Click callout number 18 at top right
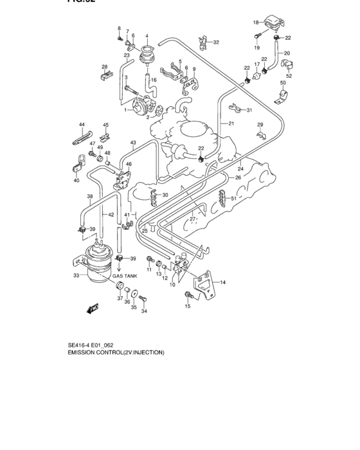coord(255,22)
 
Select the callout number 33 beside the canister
coord(77,276)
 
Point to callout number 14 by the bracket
coord(222,282)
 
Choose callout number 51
coord(234,199)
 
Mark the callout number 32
coord(216,42)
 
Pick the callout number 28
coord(104,67)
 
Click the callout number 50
coord(282,83)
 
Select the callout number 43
coord(133,143)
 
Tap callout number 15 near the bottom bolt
coord(188,307)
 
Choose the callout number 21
coord(231,123)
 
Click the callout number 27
coord(192,220)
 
